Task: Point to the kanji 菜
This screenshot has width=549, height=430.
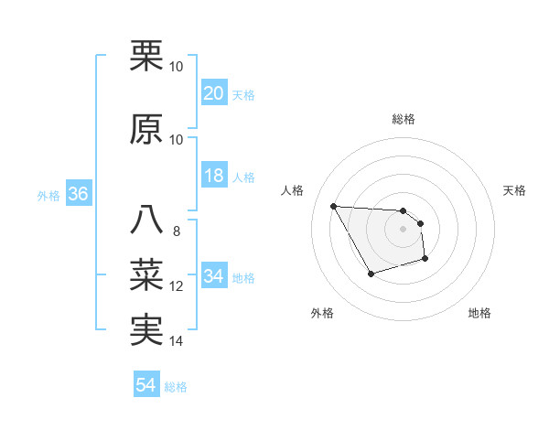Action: tap(147, 273)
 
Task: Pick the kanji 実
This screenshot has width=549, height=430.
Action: tap(147, 328)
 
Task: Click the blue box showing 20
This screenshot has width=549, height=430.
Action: tap(214, 93)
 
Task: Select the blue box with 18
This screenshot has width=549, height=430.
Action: tap(214, 176)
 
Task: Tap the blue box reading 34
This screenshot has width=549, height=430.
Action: tap(214, 276)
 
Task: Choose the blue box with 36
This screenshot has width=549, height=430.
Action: tap(78, 195)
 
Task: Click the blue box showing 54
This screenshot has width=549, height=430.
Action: tap(146, 385)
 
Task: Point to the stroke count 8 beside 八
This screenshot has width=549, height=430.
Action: tap(177, 231)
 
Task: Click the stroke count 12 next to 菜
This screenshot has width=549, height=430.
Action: tap(177, 286)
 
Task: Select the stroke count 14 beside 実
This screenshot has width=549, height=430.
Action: tap(177, 341)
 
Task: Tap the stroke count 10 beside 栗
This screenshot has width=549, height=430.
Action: tap(177, 67)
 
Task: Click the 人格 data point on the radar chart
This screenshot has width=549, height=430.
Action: tap(333, 205)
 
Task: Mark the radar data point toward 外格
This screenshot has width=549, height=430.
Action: tap(371, 274)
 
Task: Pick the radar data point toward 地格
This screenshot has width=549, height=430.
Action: tap(425, 259)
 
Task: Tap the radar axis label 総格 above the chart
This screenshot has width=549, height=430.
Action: tap(403, 119)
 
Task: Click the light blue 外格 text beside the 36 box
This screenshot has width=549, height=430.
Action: tap(48, 196)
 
